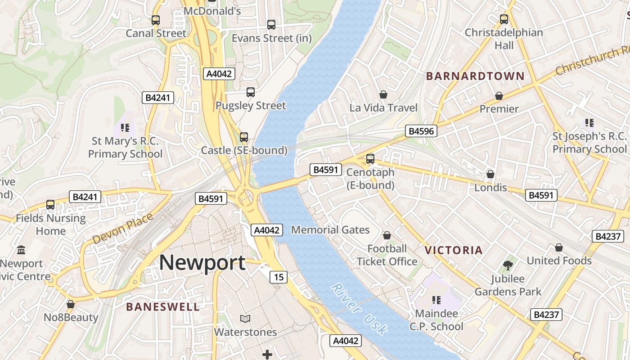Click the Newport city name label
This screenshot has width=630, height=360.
coord(202,262)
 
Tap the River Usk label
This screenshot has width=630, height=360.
coord(359,309)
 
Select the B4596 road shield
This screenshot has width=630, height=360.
coord(421,131)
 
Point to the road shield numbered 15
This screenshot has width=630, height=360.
coord(279,277)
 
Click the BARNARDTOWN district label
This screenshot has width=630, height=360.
coord(475,76)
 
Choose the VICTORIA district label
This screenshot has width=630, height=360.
coord(454,250)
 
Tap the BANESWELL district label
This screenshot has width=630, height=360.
coord(163,307)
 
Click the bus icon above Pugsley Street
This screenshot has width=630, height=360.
coord(251,92)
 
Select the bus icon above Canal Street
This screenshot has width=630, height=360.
coord(156,20)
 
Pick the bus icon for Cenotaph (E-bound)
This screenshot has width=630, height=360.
coord(370,158)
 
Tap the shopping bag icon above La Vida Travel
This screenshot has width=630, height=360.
coord(383,94)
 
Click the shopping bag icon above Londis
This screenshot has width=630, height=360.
coord(490,174)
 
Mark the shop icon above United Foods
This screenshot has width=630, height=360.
coord(559,247)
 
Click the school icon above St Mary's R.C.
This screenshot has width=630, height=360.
coord(125,128)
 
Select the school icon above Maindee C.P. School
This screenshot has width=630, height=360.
coord(436,300)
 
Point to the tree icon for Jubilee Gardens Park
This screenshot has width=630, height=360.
coord(508,265)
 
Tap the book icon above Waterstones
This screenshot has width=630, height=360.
coord(245,319)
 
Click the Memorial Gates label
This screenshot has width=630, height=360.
coord(330,230)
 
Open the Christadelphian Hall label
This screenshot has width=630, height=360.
coord(504,39)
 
